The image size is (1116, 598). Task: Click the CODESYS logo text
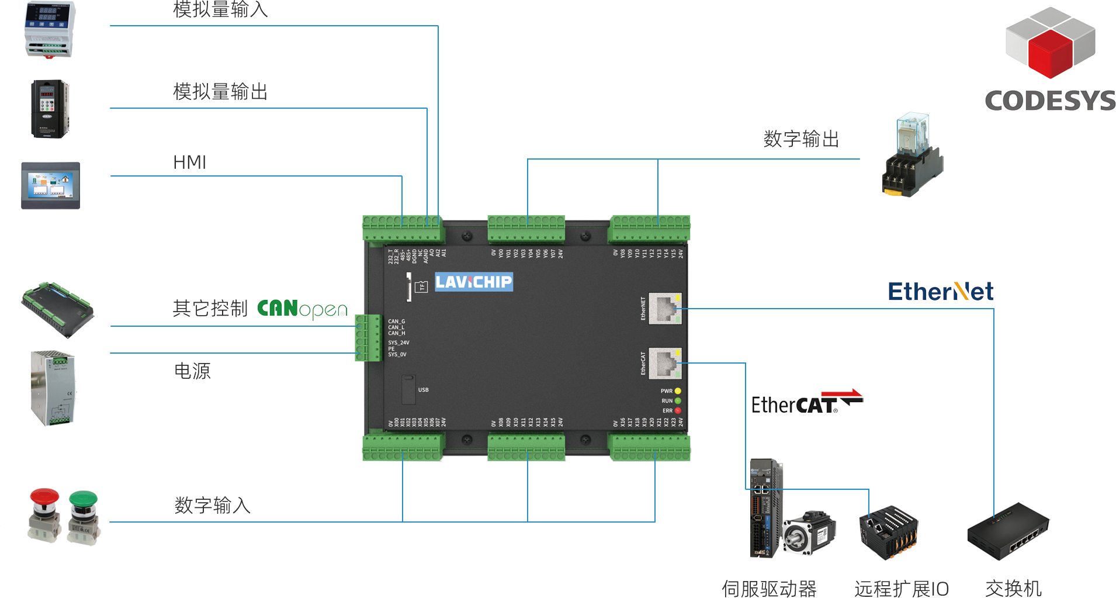(1050, 100)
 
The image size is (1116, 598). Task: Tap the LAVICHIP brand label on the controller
(474, 282)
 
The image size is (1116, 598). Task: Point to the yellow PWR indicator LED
(678, 391)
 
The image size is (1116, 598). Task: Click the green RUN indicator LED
(678, 401)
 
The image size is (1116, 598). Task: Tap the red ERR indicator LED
(678, 410)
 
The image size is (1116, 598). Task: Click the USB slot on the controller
(408, 389)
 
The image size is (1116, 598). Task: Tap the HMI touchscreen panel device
(50, 185)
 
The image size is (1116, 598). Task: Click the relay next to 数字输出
(912, 155)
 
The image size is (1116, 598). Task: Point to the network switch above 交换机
(1008, 532)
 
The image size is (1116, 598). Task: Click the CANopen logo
(302, 308)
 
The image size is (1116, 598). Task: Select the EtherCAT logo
(807, 402)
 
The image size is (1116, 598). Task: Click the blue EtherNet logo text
(940, 291)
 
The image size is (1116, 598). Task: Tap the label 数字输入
(213, 505)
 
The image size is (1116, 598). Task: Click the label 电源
(192, 371)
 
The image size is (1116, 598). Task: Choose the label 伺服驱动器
(769, 588)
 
